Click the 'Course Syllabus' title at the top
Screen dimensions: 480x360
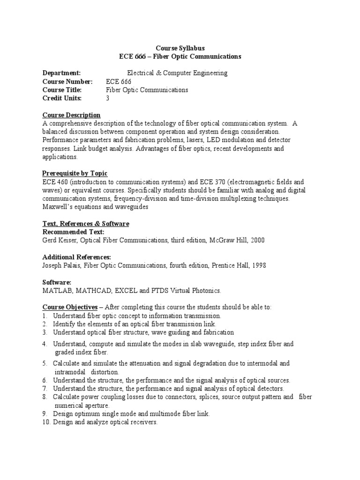tap(180, 48)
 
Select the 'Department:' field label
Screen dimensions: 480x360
tap(61, 73)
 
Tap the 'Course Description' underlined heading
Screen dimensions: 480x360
tap(71, 115)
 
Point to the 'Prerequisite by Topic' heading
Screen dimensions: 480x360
tap(75, 173)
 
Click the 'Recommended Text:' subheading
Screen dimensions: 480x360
tap(73, 232)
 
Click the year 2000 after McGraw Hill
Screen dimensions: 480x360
tap(257, 240)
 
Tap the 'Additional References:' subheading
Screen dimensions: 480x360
tap(76, 257)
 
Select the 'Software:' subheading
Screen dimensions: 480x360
tap(57, 283)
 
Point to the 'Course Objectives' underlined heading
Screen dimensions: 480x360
tap(70, 307)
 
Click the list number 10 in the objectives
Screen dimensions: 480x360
tap(46, 422)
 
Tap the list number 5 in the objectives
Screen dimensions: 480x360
tap(45, 363)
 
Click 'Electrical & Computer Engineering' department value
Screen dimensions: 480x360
tap(178, 73)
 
